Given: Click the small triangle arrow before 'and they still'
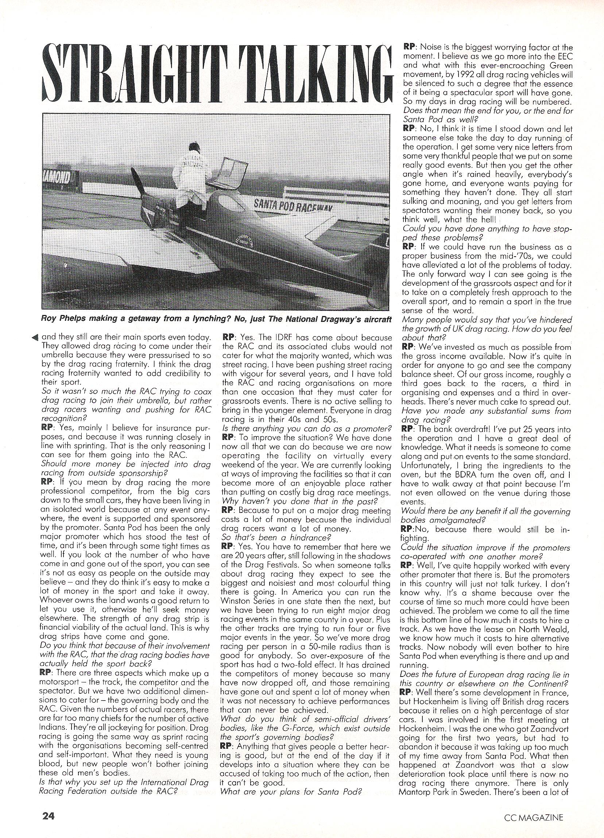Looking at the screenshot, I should tap(35, 337).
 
